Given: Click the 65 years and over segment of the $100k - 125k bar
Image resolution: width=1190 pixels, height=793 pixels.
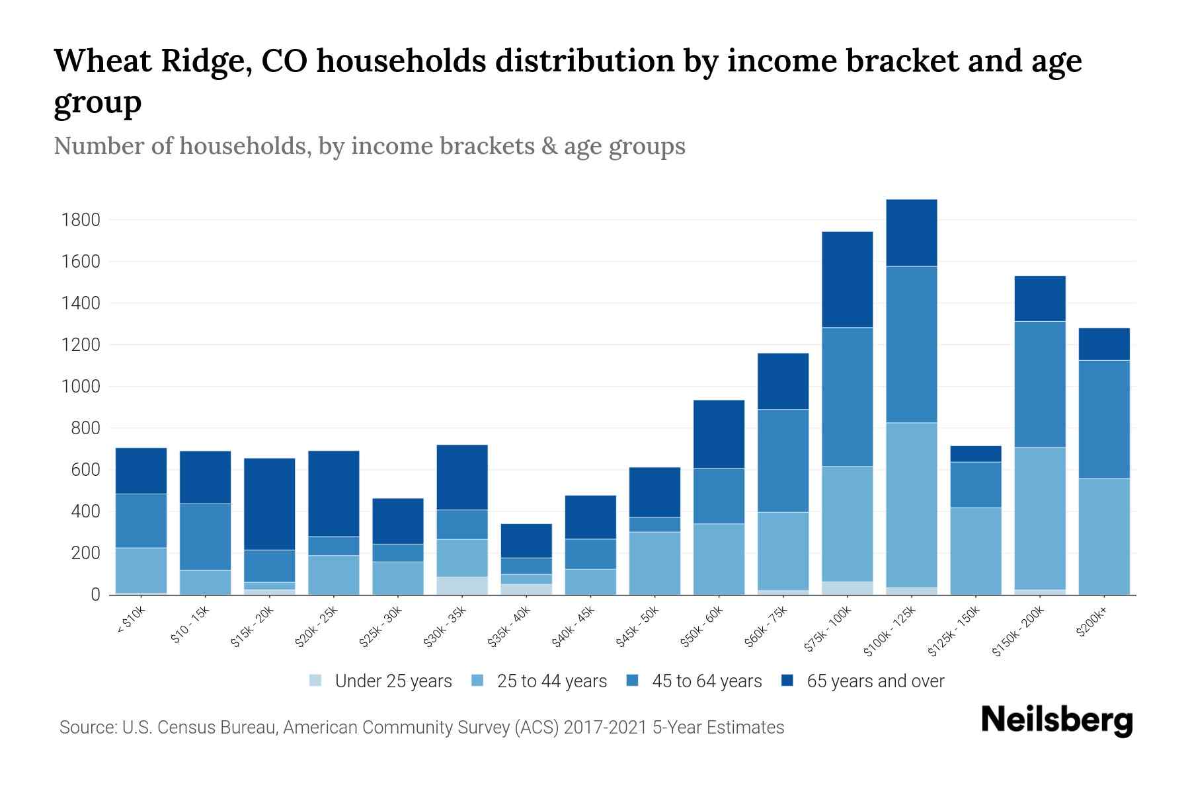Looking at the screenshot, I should (x=912, y=233).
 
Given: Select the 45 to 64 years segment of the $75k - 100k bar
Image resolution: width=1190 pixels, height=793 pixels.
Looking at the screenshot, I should (x=847, y=397).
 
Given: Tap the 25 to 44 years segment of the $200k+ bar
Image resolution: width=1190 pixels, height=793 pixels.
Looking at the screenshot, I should (x=1104, y=536).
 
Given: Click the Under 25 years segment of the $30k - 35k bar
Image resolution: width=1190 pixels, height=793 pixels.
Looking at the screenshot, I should (x=462, y=585).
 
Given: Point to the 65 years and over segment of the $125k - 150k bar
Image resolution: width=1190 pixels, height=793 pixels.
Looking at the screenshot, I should (x=975, y=453).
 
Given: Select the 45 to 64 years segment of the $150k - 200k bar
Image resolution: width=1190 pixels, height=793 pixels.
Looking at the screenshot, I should (x=1040, y=384).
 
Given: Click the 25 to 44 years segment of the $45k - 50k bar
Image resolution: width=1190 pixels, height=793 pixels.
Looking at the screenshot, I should (x=654, y=563).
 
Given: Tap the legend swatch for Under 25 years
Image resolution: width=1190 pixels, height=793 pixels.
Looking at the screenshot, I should (x=316, y=681).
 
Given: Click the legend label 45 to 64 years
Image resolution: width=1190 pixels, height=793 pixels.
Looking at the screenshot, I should (x=707, y=681).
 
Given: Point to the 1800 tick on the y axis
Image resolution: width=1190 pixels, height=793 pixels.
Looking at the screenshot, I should (x=80, y=220).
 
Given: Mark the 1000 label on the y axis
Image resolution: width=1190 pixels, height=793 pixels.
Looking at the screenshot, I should (x=80, y=387).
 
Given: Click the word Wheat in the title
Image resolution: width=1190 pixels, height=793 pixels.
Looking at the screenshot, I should (x=101, y=61).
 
